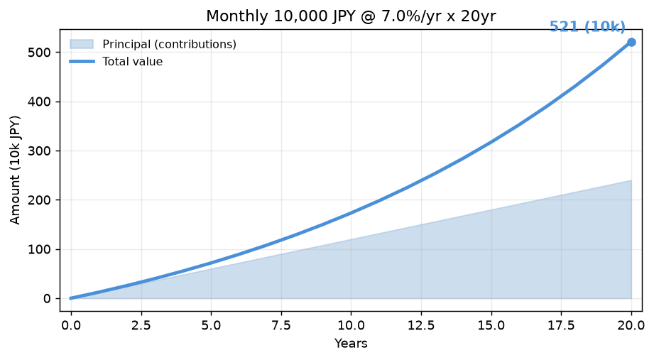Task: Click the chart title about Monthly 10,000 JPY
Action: (351, 16)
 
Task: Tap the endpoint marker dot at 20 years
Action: (631, 42)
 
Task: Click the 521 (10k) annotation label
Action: (587, 27)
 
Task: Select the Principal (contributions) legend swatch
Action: (82, 44)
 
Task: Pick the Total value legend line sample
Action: (82, 61)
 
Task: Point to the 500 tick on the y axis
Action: (39, 53)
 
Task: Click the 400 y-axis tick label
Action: (39, 102)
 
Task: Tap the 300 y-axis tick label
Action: (39, 151)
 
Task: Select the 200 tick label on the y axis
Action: (39, 200)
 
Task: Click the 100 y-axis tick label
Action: (39, 249)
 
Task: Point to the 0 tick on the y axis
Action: (46, 299)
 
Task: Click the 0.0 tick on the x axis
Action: (71, 325)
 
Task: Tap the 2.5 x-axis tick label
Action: (141, 325)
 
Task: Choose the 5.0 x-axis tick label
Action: (211, 325)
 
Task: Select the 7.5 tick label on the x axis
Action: (281, 325)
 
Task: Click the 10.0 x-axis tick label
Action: (351, 325)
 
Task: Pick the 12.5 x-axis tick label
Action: (421, 325)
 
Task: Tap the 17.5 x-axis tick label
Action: (562, 325)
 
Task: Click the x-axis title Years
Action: (351, 344)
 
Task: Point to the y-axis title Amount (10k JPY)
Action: (15, 170)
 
